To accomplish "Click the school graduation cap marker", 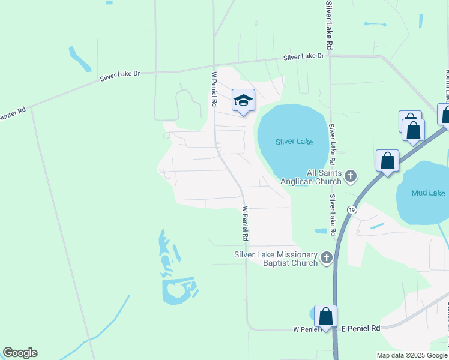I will click(x=244, y=100).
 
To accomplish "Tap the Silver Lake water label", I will click(x=294, y=142).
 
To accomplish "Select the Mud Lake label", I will click(x=428, y=193).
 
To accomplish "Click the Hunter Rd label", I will click(x=12, y=113).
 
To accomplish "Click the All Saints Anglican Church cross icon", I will click(x=351, y=176).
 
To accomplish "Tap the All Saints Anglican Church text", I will click(x=316, y=176).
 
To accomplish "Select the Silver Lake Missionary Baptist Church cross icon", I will click(x=326, y=259).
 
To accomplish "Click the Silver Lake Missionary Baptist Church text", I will click(x=276, y=259).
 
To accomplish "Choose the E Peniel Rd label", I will click(x=361, y=328).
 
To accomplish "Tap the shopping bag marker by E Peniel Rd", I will click(x=325, y=316).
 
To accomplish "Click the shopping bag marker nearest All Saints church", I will click(x=388, y=161).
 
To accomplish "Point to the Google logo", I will click(x=20, y=353).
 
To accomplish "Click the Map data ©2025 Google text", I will click(x=412, y=355).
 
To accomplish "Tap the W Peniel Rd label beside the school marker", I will click(x=214, y=89).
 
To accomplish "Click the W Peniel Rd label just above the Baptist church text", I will click(x=245, y=224).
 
